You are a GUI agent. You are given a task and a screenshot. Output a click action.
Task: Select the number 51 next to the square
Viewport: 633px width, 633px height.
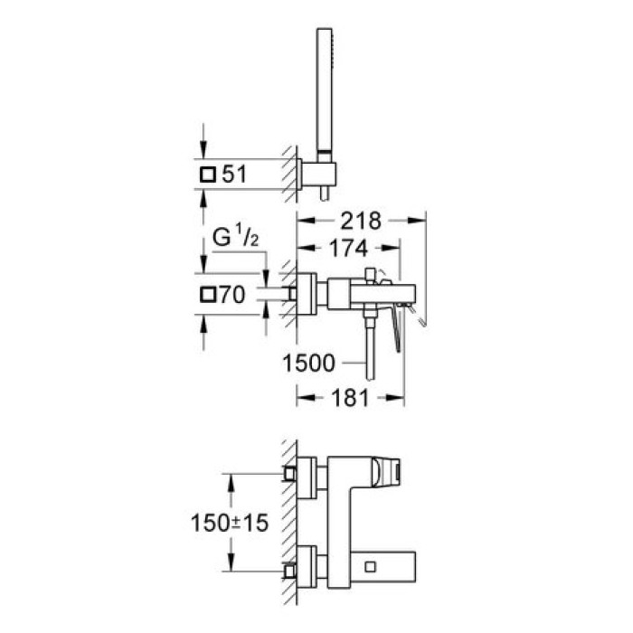point(235,175)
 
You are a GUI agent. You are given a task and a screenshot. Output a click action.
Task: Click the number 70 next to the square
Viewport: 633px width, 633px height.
point(235,294)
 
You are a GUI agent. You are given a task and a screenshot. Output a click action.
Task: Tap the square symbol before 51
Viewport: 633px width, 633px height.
point(208,175)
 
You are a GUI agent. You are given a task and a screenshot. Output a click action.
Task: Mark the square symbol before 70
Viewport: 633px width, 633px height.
point(208,294)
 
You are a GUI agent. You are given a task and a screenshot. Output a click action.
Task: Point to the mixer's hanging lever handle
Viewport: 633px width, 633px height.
point(395,330)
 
